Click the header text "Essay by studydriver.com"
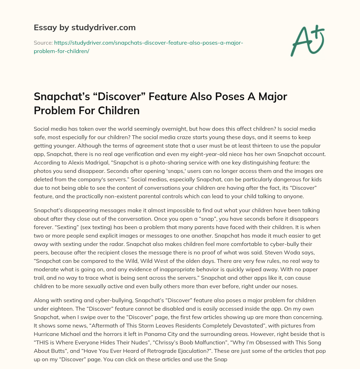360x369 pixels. [84, 27]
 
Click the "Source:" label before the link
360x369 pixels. [43, 43]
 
